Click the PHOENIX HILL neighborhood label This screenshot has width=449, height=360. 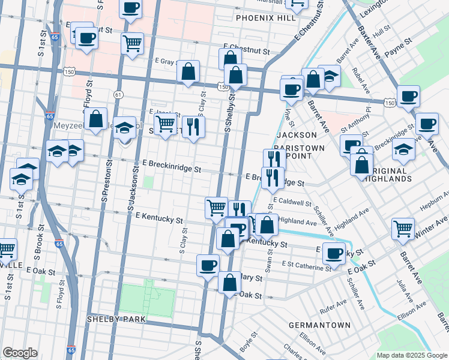[266, 18]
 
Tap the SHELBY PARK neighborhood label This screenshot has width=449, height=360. [116, 319]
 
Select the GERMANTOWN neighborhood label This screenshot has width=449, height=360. [319, 325]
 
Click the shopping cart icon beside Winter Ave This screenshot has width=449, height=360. [403, 227]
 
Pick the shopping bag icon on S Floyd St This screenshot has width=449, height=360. [95, 118]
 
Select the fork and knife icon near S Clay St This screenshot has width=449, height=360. [193, 126]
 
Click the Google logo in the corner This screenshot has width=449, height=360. [20, 353]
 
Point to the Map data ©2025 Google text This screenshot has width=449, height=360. [411, 355]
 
